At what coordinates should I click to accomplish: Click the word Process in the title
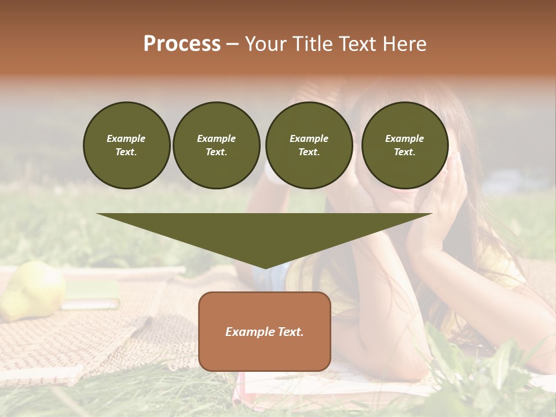point(182,44)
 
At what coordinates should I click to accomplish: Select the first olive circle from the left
point(126,145)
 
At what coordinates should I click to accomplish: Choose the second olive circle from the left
point(216,145)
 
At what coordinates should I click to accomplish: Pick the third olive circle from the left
point(309,145)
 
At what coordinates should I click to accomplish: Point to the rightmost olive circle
point(404,145)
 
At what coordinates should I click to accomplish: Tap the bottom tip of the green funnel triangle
point(265,268)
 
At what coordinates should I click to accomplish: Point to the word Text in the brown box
point(290,332)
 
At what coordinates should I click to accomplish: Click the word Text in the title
point(356,44)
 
